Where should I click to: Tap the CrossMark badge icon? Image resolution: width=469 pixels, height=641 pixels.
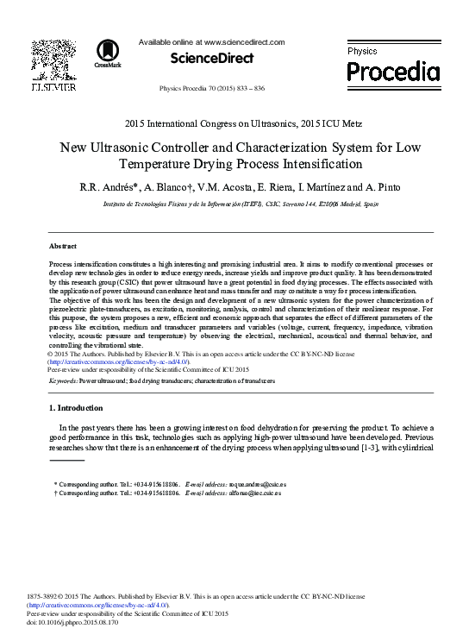tap(108, 52)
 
